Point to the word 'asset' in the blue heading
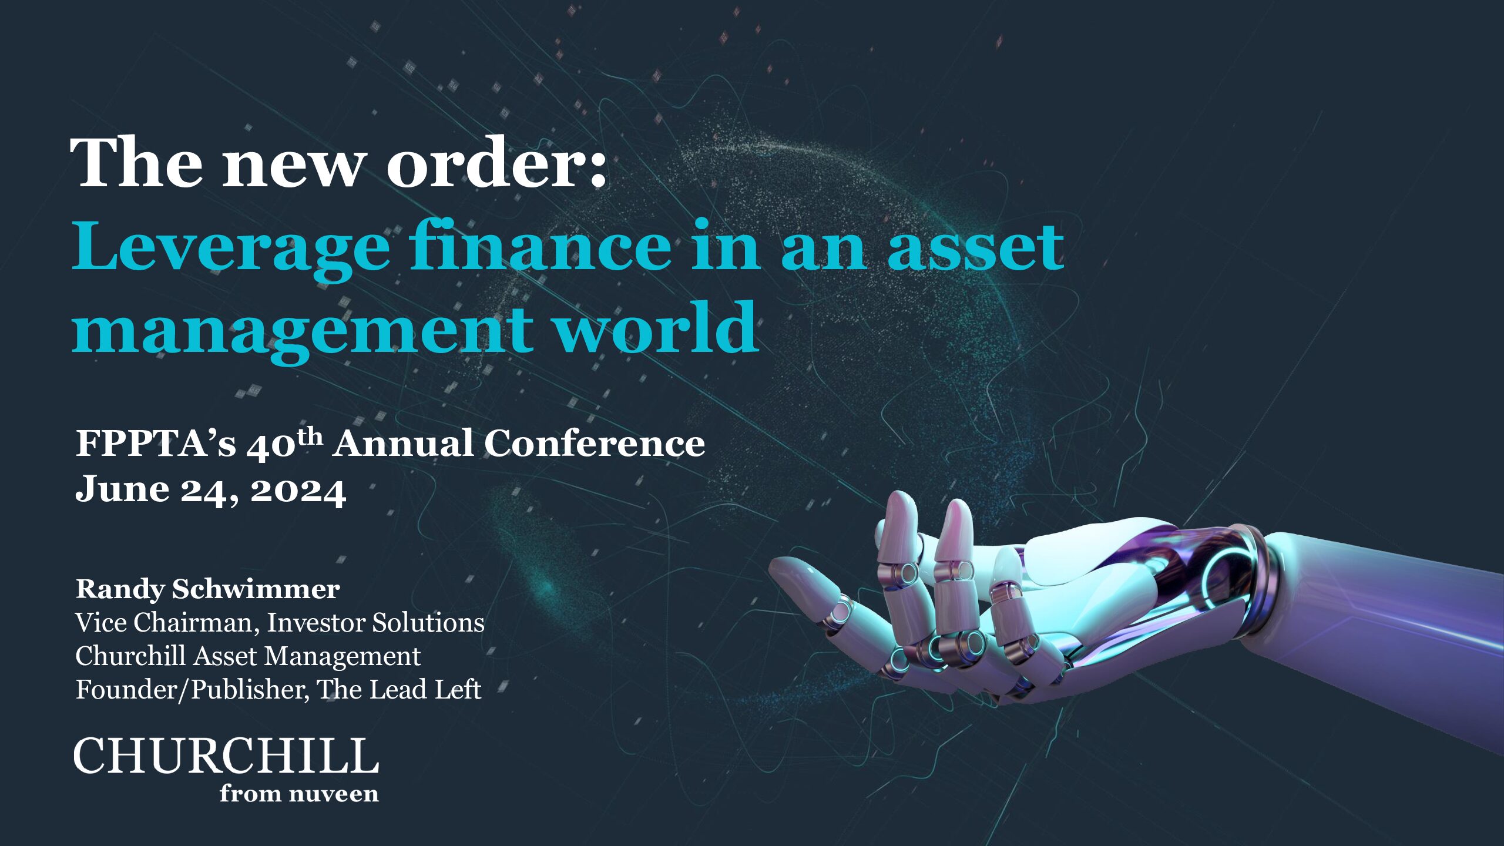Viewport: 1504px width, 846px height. (x=975, y=247)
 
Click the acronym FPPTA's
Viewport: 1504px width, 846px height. (x=156, y=443)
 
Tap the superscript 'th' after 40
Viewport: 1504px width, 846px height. (x=310, y=437)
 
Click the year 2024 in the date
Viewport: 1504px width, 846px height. (x=298, y=491)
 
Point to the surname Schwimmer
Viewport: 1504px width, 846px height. (x=256, y=589)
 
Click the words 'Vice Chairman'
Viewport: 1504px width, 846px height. (x=167, y=623)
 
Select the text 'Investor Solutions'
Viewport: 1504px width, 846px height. (x=376, y=623)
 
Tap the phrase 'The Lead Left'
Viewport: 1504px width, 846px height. (x=399, y=690)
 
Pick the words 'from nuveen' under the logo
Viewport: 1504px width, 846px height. (x=299, y=794)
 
